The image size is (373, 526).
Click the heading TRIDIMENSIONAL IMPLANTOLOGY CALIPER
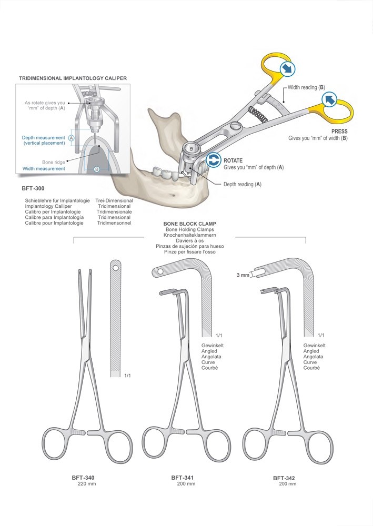click(x=73, y=78)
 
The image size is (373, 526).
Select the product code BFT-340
click(x=83, y=478)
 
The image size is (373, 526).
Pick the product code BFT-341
click(x=183, y=478)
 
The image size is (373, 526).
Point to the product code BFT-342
click(x=284, y=478)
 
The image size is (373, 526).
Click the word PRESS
click(x=339, y=131)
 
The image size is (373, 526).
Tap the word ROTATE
click(x=234, y=160)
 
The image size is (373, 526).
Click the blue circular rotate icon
click(x=213, y=160)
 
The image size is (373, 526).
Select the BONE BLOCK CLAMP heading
click(x=190, y=224)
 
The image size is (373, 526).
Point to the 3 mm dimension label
click(x=243, y=275)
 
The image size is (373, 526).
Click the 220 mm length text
click(x=83, y=484)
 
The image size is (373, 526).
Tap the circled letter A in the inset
click(x=72, y=137)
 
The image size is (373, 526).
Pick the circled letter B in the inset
click(x=96, y=169)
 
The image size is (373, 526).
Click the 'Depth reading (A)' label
click(x=243, y=184)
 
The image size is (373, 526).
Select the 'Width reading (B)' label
click(x=306, y=87)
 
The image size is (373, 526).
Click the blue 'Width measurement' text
click(x=44, y=169)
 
